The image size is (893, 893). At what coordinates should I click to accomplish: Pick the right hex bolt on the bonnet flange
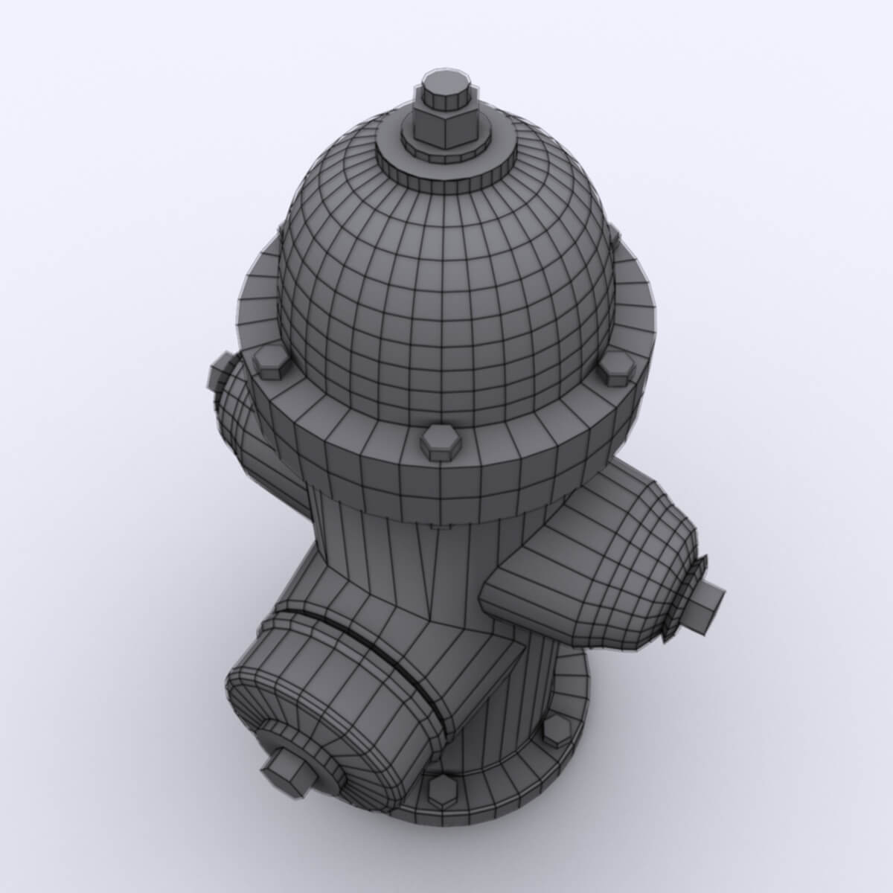click(x=617, y=368)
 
